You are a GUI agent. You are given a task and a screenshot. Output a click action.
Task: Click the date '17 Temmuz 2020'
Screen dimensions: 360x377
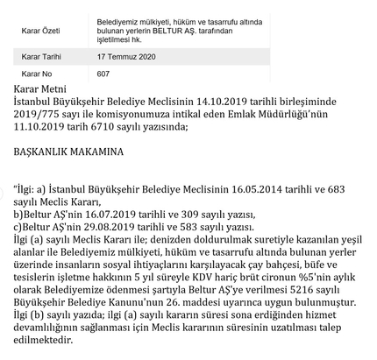[127, 57]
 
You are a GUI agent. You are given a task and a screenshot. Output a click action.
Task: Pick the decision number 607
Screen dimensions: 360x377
[103, 74]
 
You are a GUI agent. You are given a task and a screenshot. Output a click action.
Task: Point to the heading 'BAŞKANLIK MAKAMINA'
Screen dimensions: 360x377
[68, 152]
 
